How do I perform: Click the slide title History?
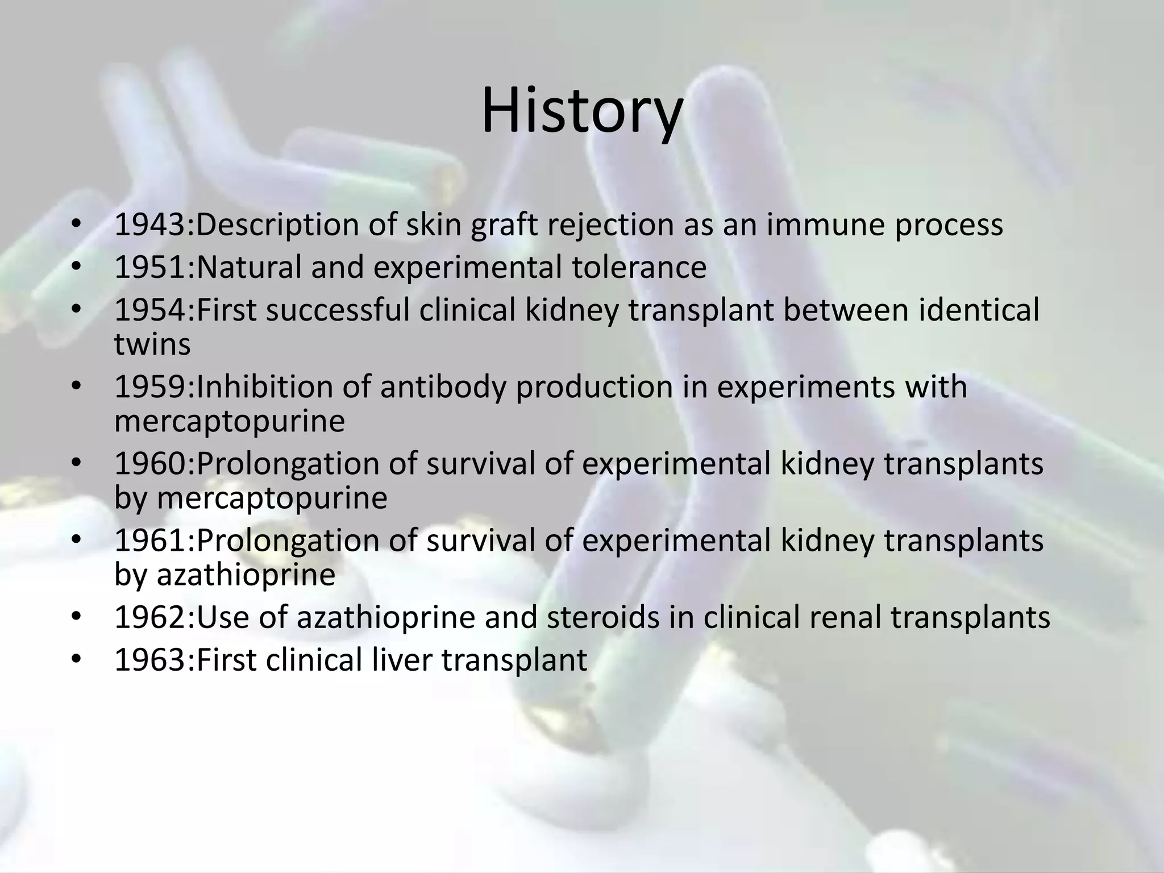(x=581, y=111)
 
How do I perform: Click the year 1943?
(x=152, y=225)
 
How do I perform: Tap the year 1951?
(x=152, y=267)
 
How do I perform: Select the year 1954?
(x=152, y=310)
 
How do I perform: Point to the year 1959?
(x=152, y=387)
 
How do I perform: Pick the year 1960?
(x=152, y=464)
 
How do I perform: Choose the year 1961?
(x=152, y=541)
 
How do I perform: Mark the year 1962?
(x=152, y=617)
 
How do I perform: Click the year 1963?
(x=152, y=660)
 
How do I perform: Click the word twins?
(x=152, y=345)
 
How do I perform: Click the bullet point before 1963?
(x=77, y=661)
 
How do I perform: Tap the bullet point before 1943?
(x=77, y=226)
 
